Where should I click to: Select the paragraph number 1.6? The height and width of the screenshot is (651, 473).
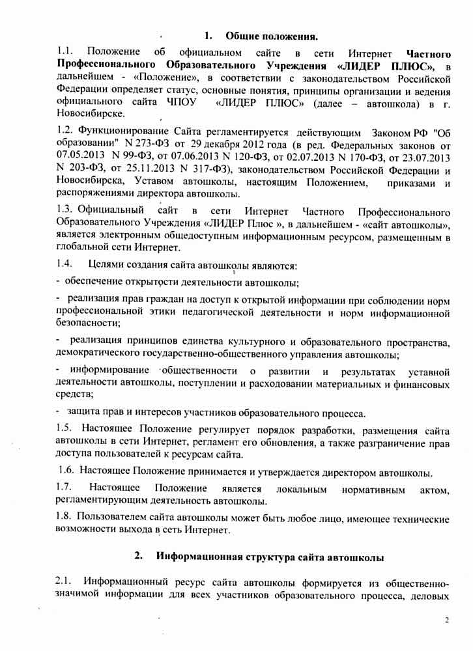tap(67, 471)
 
